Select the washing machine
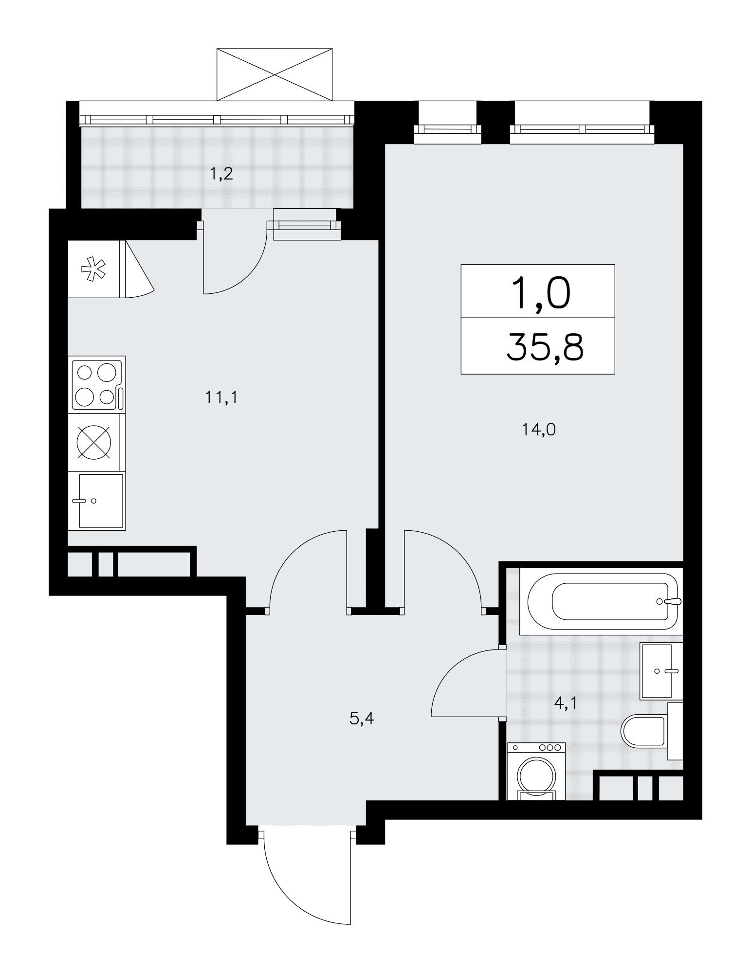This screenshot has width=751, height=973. click(x=536, y=772)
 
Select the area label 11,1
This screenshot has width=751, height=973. click(x=221, y=398)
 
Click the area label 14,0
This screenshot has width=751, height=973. click(x=539, y=430)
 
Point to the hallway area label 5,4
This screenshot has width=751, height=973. click(x=362, y=718)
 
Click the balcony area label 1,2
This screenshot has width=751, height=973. click(x=221, y=174)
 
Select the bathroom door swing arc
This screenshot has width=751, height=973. click(x=450, y=669)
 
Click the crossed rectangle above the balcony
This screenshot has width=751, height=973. click(x=275, y=74)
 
